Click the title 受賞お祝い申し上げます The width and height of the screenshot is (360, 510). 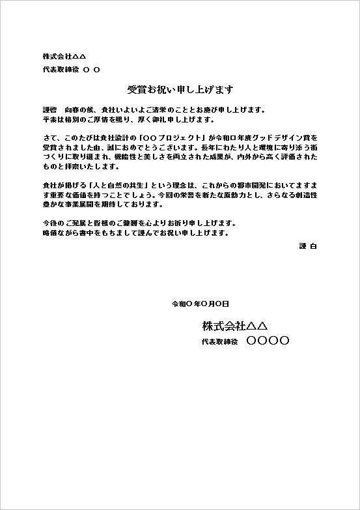coord(180,89)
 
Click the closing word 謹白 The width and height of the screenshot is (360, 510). coord(307,246)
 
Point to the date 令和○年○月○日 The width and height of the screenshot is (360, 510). coord(200,304)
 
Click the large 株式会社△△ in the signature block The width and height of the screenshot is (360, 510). coord(235,325)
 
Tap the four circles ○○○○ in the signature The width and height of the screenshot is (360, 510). coord(268,341)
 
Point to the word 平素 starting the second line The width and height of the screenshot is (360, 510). coord(49,120)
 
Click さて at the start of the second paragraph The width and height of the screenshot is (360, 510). coord(49,138)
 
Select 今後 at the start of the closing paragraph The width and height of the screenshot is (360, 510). coord(49,223)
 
